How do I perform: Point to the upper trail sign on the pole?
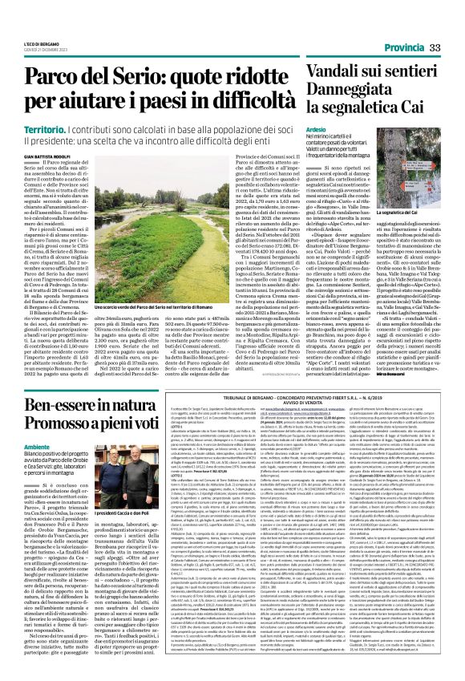pos(416,166)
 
